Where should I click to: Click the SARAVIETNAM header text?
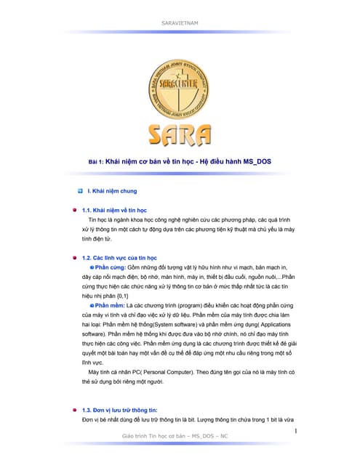pyautogui.click(x=179, y=23)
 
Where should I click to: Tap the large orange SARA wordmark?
pyautogui.click(x=180, y=134)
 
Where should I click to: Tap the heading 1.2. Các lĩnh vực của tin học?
pyautogui.click(x=124, y=258)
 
